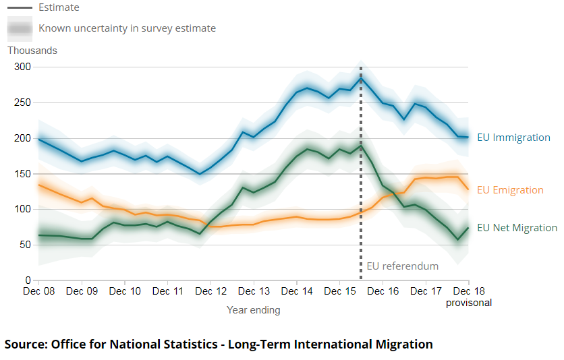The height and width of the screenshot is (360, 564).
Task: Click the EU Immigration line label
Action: pos(513,138)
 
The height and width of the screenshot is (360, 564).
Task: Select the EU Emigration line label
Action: pos(510,190)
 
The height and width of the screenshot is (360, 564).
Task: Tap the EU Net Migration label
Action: pos(517,228)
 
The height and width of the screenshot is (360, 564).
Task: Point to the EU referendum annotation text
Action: pos(403,266)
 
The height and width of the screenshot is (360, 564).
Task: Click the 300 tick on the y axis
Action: pos(23,67)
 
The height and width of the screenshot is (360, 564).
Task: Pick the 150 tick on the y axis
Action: pos(23,174)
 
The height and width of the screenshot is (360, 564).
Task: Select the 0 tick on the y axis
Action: pos(28,280)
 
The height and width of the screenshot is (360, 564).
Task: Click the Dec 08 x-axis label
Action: pos(39,291)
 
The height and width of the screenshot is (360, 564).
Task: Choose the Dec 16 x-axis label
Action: pos(383,291)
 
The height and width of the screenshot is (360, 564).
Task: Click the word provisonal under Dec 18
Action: pos(469,303)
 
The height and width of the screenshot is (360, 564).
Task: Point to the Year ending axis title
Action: pos(253,310)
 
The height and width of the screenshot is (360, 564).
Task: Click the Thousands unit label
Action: pos(32,51)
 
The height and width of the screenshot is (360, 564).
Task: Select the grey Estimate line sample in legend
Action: pos(20,7)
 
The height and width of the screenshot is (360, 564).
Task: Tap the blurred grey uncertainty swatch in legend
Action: pos(20,29)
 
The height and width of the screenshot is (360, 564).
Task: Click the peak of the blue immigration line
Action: pos(362,78)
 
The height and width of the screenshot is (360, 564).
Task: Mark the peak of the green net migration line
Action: pos(362,145)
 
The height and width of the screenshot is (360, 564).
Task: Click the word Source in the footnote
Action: pos(25,344)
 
